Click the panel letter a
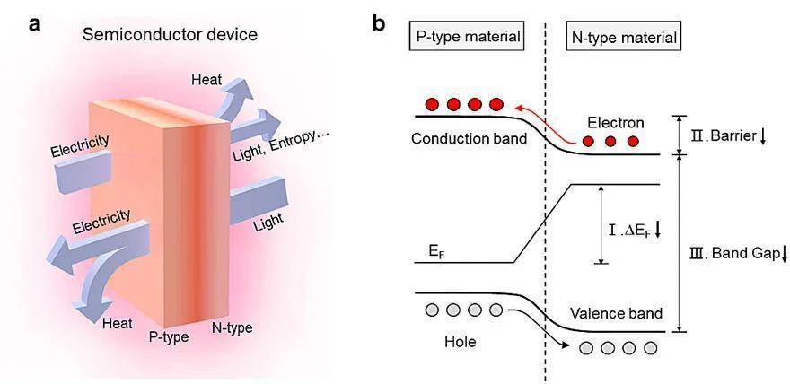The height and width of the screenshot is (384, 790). pos(35,24)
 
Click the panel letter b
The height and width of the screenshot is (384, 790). pos(379,22)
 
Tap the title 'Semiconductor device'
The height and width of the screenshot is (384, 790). pos(170,35)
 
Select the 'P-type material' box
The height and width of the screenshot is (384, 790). pos(468,37)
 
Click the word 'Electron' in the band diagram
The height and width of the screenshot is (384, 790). pos(615,123)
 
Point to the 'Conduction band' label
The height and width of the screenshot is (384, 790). pos(469,139)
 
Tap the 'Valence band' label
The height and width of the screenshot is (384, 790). pos(616,313)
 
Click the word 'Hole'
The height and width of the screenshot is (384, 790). pos(460,342)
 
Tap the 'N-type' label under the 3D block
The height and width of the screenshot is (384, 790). pos(232,328)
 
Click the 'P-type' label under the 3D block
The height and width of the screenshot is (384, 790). pos(169,336)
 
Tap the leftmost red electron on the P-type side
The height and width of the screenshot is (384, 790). pos(433,104)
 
